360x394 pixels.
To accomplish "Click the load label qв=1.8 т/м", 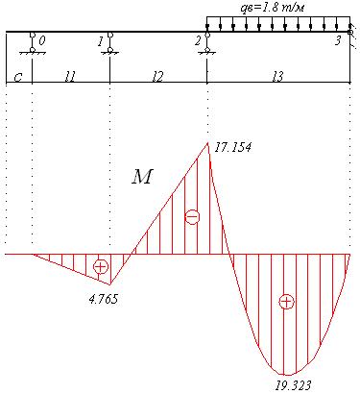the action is [272, 8].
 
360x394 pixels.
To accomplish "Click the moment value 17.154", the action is [233, 147].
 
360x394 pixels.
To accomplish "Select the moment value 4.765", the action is [104, 299].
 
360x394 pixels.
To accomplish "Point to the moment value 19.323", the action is [293, 385].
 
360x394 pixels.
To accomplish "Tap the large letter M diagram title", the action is [142, 177].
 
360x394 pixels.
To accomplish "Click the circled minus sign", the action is [192, 217].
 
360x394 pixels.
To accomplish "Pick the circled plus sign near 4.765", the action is [101, 266].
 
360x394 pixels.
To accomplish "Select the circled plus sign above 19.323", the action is [286, 302].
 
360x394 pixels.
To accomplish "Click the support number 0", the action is [42, 40].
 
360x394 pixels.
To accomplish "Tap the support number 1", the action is [101, 41].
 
